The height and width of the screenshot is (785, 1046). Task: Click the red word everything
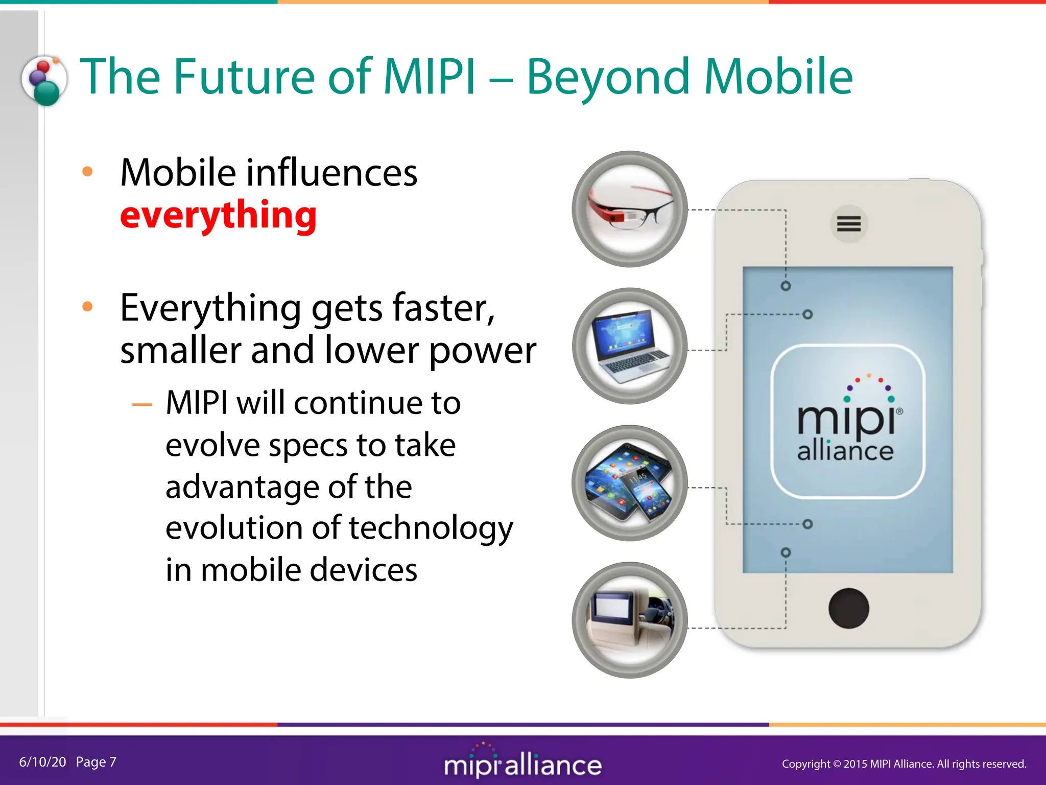(x=219, y=216)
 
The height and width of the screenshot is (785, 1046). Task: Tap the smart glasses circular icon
(x=630, y=209)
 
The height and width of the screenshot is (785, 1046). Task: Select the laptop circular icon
(x=630, y=346)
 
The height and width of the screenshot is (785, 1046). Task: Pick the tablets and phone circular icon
(x=630, y=483)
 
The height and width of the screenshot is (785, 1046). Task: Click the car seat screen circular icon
(x=630, y=620)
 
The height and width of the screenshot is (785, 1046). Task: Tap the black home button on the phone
(x=848, y=608)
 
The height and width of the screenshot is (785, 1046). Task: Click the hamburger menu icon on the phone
(x=848, y=224)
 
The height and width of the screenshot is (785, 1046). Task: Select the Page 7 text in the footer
(x=96, y=762)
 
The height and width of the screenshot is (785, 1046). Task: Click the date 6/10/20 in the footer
(x=42, y=762)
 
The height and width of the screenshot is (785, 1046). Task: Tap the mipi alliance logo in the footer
(x=522, y=764)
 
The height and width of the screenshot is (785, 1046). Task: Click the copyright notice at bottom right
(x=904, y=764)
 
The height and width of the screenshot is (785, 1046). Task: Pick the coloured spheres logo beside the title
(x=44, y=81)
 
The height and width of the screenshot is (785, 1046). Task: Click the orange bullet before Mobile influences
(x=87, y=172)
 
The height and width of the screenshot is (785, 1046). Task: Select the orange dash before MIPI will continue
(x=142, y=405)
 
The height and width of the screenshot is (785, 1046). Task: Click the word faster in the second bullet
(x=443, y=309)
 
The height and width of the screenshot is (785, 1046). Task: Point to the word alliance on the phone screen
(x=845, y=451)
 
